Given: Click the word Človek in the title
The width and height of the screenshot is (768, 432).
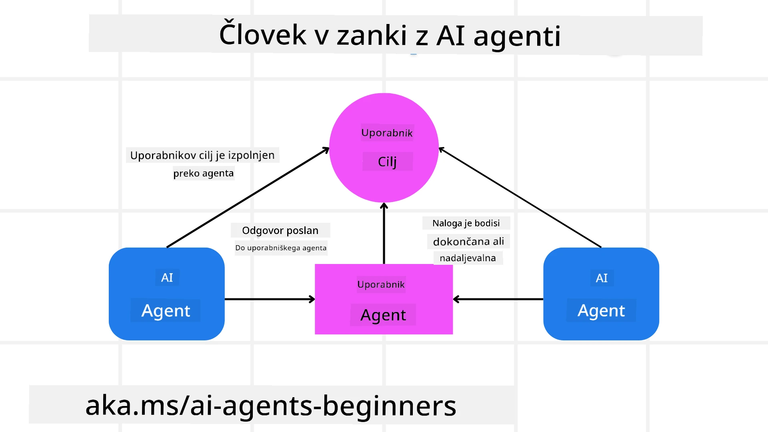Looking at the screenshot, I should pos(262,35).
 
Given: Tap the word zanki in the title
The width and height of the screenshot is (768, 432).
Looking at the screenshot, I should pos(372,36).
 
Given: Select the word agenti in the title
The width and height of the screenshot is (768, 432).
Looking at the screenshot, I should pos(517,36).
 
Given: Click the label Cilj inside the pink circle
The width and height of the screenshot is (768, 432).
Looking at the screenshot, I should pos(387,162).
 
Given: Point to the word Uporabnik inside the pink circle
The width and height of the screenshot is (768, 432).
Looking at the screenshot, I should pos(387,133).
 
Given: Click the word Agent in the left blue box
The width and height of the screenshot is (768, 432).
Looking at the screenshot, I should pos(166,311).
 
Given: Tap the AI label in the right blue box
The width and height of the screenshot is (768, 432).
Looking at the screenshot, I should pos(602,278).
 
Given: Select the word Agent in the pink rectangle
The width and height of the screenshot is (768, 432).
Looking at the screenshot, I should pos(383,315).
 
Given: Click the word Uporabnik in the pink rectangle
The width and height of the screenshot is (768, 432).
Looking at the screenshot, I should pos(381,284).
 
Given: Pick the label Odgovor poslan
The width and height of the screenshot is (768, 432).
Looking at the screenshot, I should pos(280,230).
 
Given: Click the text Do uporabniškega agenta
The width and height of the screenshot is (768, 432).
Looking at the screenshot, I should pos(281,248).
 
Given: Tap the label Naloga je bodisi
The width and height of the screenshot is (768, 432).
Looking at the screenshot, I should pos(466,223).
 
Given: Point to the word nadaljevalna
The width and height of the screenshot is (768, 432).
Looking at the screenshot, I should pos(468,258).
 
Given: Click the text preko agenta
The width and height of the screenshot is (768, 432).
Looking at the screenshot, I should pos(203,173).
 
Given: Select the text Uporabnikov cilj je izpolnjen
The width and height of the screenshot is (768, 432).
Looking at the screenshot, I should pos(202,155).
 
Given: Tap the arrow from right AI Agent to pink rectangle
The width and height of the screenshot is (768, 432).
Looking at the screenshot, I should pos(498,299).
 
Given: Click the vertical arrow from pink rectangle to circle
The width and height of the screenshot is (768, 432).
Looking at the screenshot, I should pos(384,234).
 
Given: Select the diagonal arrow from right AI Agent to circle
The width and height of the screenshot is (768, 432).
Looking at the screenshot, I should pos(520,198).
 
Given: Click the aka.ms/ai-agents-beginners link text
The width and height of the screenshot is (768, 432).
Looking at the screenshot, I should pos(270,406).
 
